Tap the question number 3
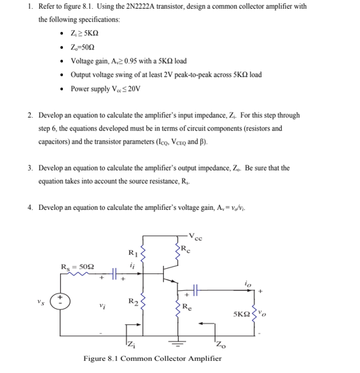pos(30,168)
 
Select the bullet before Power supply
pos(62,88)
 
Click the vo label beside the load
pos(271,314)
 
